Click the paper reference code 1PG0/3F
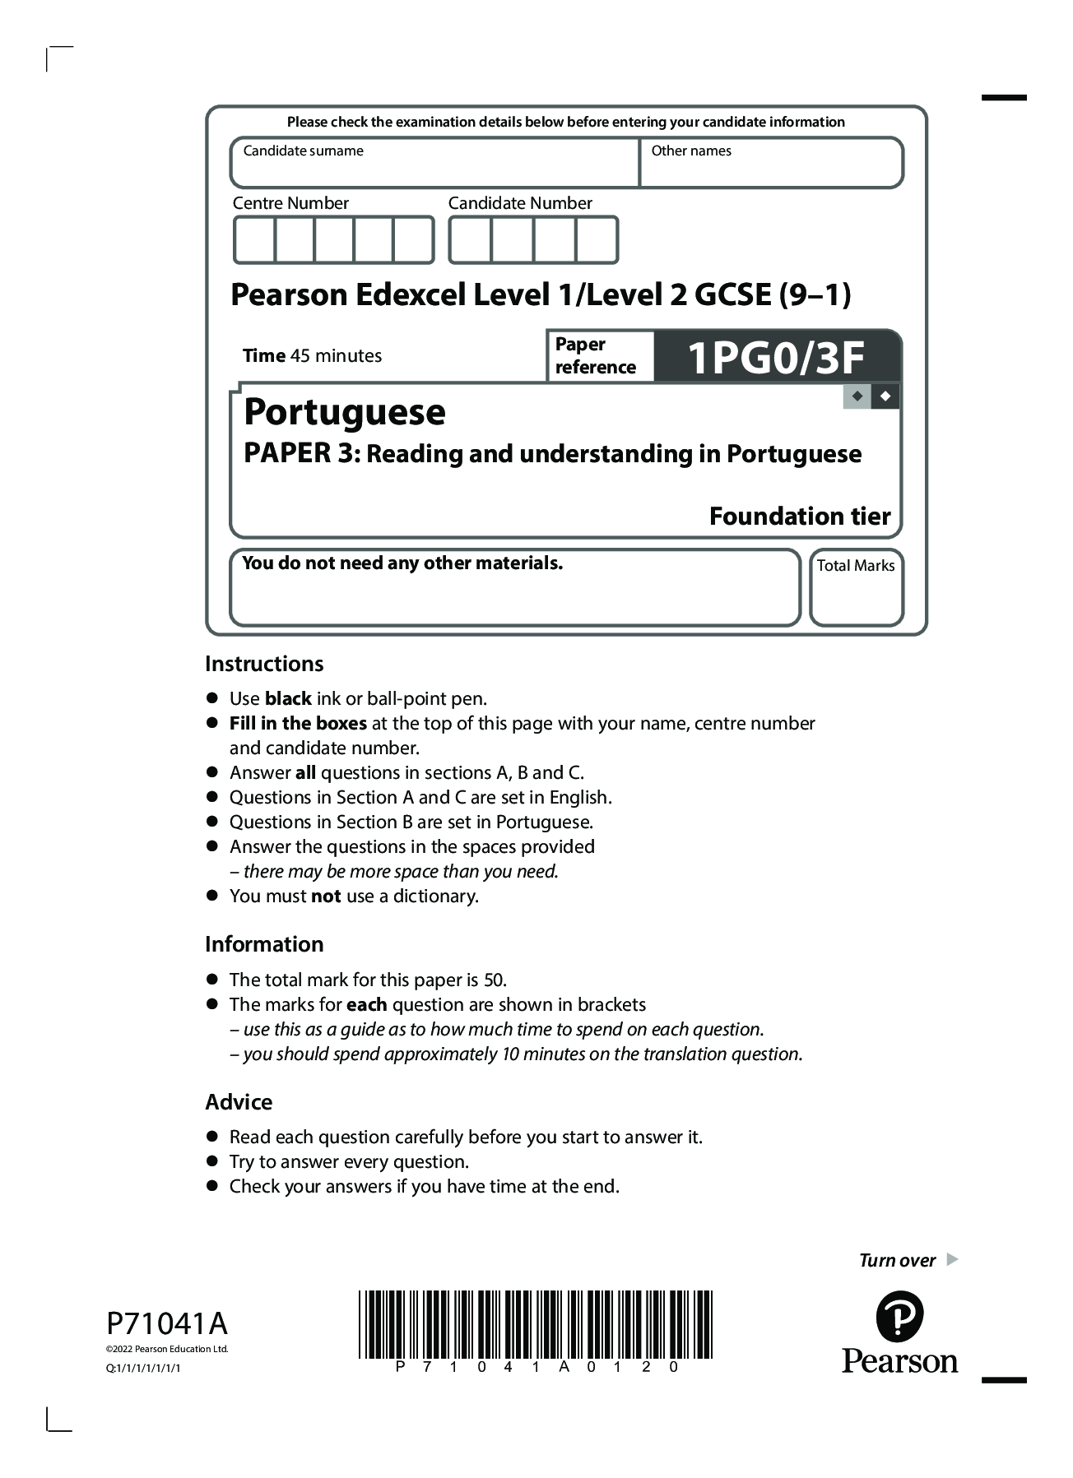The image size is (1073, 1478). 775,357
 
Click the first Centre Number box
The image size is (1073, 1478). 254,240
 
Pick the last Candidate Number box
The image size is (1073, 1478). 597,240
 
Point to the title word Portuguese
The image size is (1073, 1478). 345,411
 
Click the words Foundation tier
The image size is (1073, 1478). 799,516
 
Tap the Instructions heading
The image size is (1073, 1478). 264,664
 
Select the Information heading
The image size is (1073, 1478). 264,944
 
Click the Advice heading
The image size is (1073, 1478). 239,1102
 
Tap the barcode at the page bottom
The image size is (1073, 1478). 535,1324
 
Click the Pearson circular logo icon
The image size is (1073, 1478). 899,1317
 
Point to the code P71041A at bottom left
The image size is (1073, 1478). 167,1324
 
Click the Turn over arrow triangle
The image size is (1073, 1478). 952,1259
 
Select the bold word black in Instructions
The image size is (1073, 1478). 288,699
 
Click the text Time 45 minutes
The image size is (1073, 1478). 312,356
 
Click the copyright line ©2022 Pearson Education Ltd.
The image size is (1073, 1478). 167,1349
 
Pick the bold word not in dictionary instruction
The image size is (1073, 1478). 326,897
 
